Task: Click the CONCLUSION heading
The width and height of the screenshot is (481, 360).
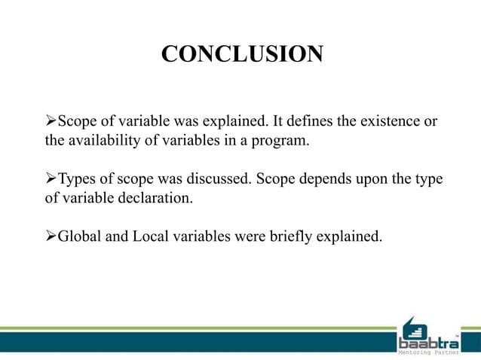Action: click(241, 54)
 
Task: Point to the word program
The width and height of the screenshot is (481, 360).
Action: click(282, 140)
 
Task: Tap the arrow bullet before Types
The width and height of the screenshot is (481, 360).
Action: click(51, 180)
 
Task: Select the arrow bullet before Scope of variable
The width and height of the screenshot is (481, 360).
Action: click(51, 122)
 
